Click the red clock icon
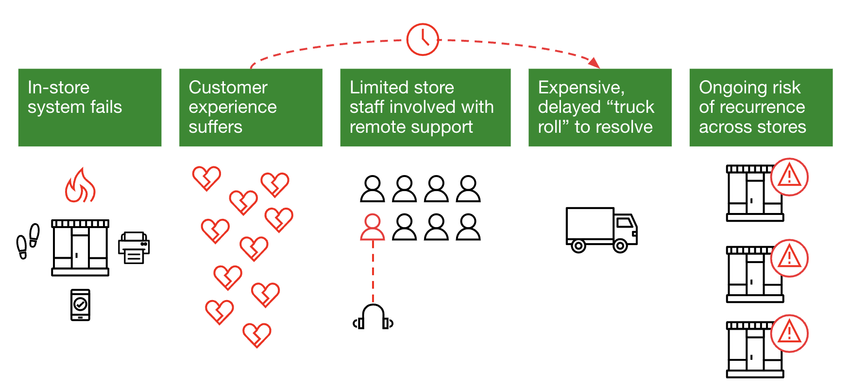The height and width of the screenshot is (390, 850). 423,39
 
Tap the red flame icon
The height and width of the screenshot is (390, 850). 80,186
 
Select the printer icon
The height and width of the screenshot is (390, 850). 134,248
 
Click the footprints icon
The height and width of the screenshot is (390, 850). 28,241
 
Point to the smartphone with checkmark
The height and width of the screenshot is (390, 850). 80,305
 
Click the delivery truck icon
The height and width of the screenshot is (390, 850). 601,230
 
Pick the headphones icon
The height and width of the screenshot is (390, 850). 373,317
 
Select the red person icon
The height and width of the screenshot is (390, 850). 373,228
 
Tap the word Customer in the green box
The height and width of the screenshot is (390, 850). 228,88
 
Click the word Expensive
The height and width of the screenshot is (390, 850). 581,88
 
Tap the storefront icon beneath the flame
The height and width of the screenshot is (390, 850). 80,248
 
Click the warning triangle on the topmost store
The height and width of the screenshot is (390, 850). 789,177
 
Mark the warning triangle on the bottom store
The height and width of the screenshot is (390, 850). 789,334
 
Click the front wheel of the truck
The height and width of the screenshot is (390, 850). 620,246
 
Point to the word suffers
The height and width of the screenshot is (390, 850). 215,127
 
